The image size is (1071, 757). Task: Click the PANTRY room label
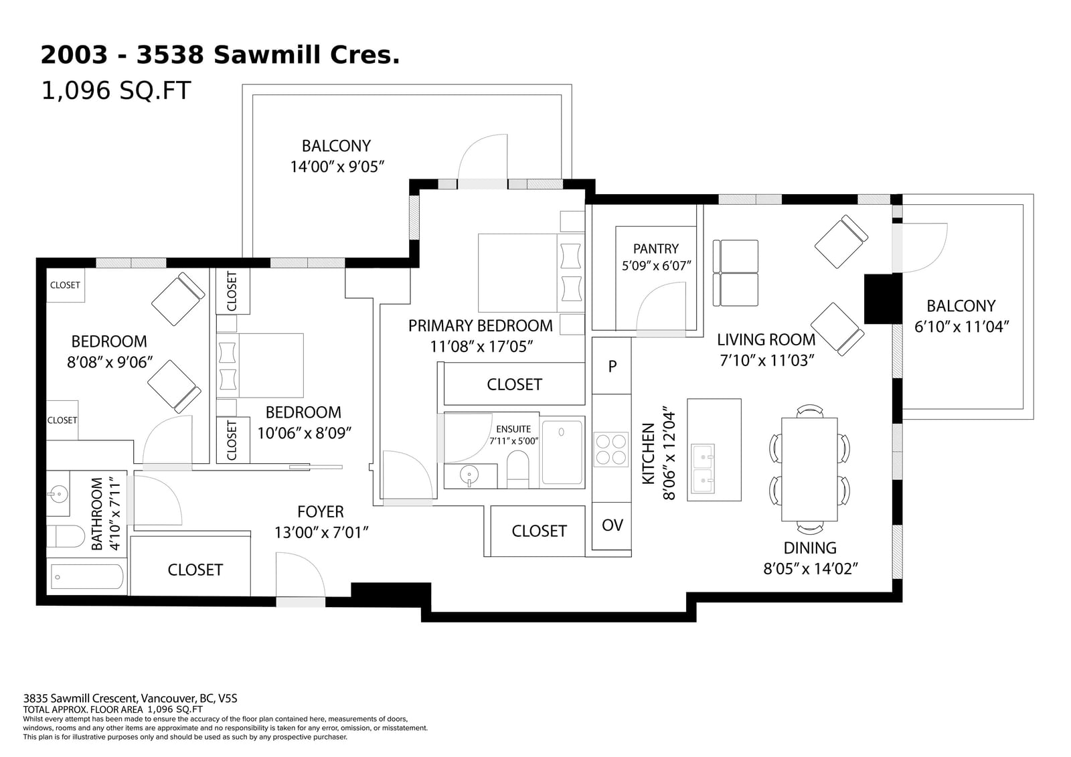(x=655, y=248)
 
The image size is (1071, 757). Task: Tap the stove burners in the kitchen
(x=610, y=449)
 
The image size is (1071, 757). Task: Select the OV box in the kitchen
(x=612, y=525)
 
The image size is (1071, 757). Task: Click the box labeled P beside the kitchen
(x=612, y=366)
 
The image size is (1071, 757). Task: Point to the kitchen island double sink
(x=702, y=469)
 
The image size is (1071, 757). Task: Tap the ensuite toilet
(x=517, y=469)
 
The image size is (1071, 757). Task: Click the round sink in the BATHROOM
(x=58, y=494)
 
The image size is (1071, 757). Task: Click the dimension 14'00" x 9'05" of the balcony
(x=337, y=167)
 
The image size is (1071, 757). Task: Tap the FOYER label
(x=320, y=512)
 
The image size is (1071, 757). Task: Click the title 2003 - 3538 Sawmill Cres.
(x=220, y=56)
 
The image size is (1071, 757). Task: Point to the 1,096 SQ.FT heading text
(x=116, y=90)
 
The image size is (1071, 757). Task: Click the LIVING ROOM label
(x=766, y=340)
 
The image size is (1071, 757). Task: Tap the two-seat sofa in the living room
(x=736, y=273)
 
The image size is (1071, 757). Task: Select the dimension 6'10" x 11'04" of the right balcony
(x=961, y=327)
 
